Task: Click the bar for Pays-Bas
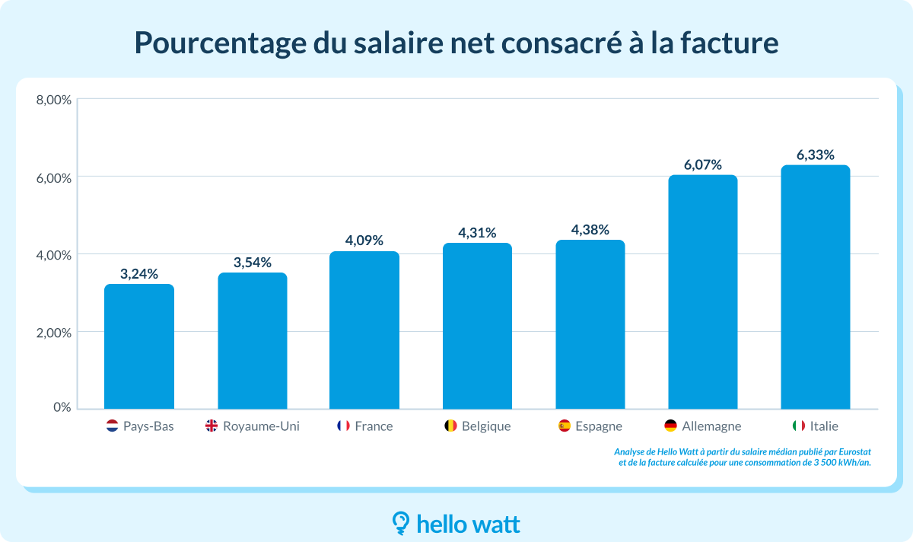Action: [x=139, y=346]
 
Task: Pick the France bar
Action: [x=364, y=330]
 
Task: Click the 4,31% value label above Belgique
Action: [x=477, y=232]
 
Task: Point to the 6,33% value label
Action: [x=816, y=155]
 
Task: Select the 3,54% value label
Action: [x=253, y=263]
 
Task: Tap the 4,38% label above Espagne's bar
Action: [x=590, y=229]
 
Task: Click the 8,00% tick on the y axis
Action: [x=53, y=100]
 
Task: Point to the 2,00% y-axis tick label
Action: [x=53, y=333]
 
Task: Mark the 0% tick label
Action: [x=62, y=407]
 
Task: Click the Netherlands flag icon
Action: [x=112, y=426]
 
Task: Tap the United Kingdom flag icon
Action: [x=211, y=426]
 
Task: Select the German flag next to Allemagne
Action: [x=670, y=426]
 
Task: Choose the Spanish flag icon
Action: [x=564, y=426]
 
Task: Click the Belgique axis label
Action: [x=486, y=426]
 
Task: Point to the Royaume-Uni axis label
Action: [x=261, y=426]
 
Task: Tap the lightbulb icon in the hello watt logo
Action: [x=400, y=522]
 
